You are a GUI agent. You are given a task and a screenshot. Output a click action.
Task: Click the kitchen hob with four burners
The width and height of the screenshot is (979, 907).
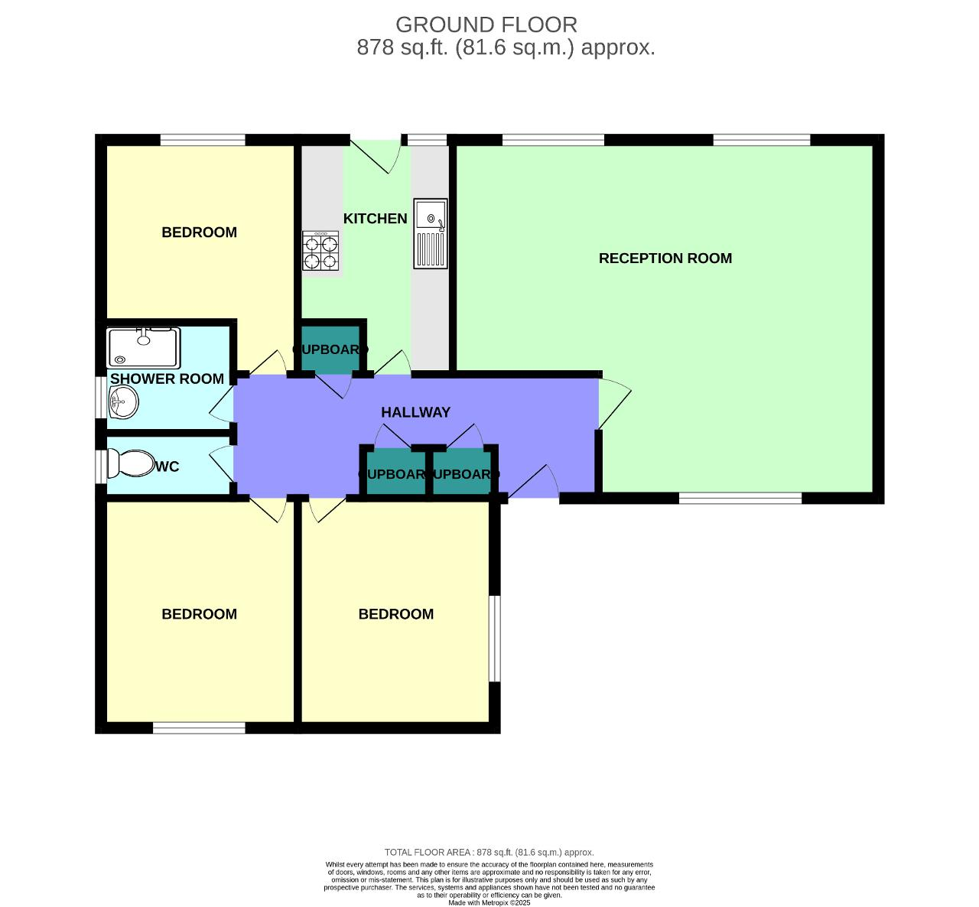pyautogui.click(x=320, y=252)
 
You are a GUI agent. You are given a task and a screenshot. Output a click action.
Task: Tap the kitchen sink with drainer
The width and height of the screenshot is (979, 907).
pyautogui.click(x=431, y=233)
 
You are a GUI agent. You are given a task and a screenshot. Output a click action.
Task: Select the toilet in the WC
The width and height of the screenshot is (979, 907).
pyautogui.click(x=131, y=463)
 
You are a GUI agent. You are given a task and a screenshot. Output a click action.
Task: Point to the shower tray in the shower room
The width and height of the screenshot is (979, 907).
pyautogui.click(x=143, y=348)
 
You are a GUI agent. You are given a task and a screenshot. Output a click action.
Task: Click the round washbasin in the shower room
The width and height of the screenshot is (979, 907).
pyautogui.click(x=122, y=401)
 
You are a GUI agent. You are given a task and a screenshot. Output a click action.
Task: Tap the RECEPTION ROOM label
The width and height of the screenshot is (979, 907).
pyautogui.click(x=665, y=258)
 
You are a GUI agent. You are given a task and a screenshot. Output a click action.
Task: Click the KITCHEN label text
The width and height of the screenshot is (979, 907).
pyautogui.click(x=375, y=219)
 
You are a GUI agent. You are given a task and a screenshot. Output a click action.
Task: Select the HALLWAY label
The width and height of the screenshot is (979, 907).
pyautogui.click(x=415, y=412)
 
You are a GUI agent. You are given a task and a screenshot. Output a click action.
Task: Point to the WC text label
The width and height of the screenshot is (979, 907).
pyautogui.click(x=167, y=467)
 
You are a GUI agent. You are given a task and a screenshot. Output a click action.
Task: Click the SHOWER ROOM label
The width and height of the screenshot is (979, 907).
pyautogui.click(x=167, y=379)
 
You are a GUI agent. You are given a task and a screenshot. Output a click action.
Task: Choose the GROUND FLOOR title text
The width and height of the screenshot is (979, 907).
pyautogui.click(x=486, y=24)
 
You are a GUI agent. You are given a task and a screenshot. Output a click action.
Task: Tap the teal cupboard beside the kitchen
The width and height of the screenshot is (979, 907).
pyautogui.click(x=330, y=350)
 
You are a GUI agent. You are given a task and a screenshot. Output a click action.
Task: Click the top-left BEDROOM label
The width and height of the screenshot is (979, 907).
pyautogui.click(x=199, y=232)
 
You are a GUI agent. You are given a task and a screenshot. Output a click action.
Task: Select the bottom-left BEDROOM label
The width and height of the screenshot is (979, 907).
pyautogui.click(x=199, y=614)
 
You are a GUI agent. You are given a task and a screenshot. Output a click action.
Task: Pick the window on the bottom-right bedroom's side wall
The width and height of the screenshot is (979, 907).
pyautogui.click(x=495, y=639)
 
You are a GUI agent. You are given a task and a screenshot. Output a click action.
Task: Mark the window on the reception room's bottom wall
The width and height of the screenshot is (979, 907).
pyautogui.click(x=740, y=499)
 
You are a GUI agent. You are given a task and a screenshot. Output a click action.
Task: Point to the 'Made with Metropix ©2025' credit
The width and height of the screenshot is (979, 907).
pyautogui.click(x=489, y=902)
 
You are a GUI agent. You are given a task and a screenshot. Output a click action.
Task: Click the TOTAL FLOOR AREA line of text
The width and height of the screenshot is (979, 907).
pyautogui.click(x=489, y=852)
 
